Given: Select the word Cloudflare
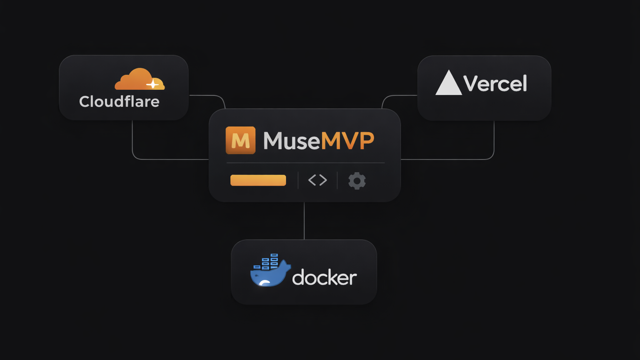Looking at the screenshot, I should (x=119, y=102).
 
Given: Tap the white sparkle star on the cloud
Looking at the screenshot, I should (x=153, y=84).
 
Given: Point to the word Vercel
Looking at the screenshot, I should (x=495, y=84).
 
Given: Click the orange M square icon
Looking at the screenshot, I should (x=240, y=140).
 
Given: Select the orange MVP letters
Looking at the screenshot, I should (x=347, y=141).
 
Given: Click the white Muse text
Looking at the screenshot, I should (x=291, y=141).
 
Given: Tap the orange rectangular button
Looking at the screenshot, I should (x=258, y=180).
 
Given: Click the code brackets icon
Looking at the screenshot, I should (x=317, y=180).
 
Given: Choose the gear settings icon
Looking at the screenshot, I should (x=357, y=181).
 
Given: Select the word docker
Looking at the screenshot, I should (x=324, y=277).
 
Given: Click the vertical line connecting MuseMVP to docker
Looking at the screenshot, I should (x=304, y=221).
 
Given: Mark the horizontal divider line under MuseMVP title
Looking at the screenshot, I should (x=305, y=163).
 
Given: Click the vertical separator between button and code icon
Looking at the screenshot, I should (x=298, y=180).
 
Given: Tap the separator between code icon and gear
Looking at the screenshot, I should (x=337, y=180).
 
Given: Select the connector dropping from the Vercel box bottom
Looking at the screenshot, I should (x=494, y=137).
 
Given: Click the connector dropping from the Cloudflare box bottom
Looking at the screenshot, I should (x=132, y=137).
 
